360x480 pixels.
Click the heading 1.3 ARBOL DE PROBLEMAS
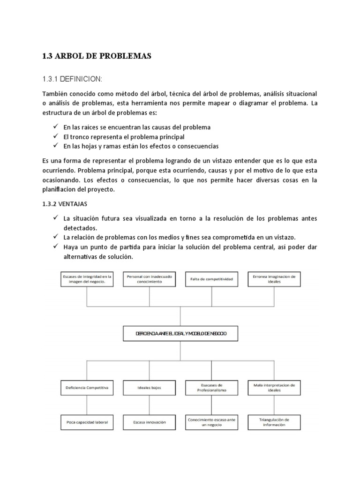97,56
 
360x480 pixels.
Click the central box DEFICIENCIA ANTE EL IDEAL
180,334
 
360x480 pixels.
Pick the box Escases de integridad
87,279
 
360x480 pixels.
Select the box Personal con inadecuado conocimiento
149,279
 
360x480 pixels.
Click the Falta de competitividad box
211,279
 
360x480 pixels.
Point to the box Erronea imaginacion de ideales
274,279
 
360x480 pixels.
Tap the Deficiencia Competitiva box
87,388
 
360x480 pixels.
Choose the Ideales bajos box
149,388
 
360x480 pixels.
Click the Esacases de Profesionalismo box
211,388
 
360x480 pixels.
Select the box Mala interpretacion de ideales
274,388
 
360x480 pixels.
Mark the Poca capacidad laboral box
87,422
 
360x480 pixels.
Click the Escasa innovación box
149,422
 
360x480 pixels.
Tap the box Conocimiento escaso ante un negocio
211,422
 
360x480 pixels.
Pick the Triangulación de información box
274,422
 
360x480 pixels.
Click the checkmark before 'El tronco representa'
55,136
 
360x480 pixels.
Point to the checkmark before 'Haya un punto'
55,247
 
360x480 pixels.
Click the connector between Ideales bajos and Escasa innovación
149,405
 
